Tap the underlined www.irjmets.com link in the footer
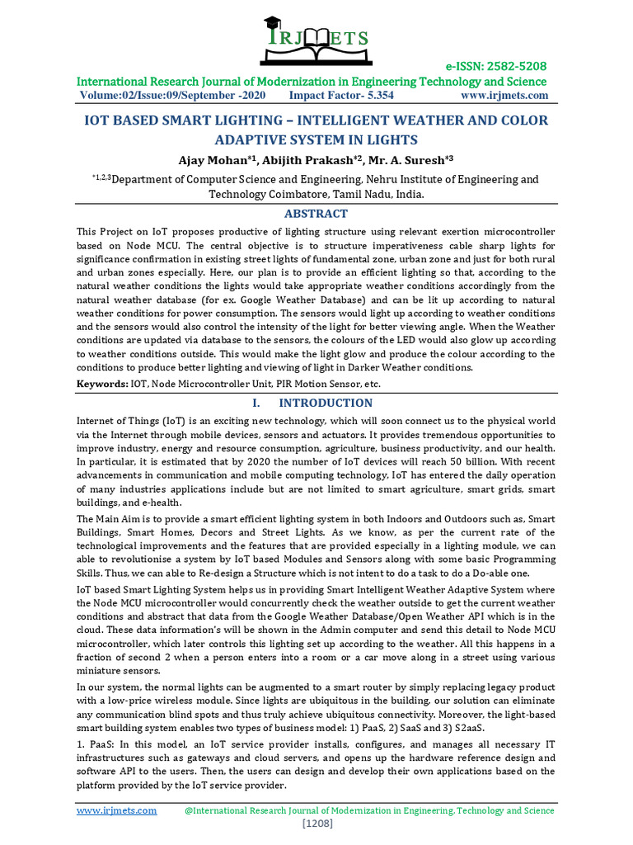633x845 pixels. [116, 810]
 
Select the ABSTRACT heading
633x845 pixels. [316, 213]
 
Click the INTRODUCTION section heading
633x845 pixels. [326, 403]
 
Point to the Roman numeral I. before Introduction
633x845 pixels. [256, 403]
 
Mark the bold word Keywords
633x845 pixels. [102, 384]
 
